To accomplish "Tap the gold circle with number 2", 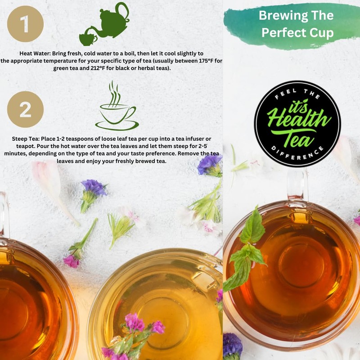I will [25, 109].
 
